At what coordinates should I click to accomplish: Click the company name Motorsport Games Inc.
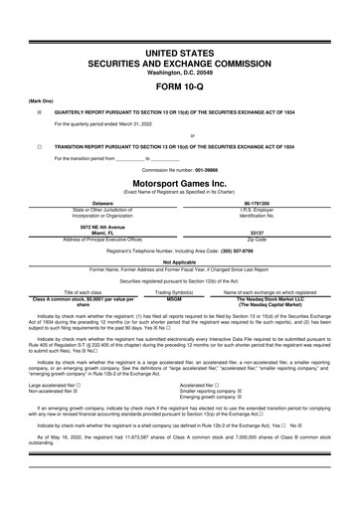pos(179,184)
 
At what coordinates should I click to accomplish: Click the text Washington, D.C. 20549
pos(179,69)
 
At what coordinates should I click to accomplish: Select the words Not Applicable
pos(179,261)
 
